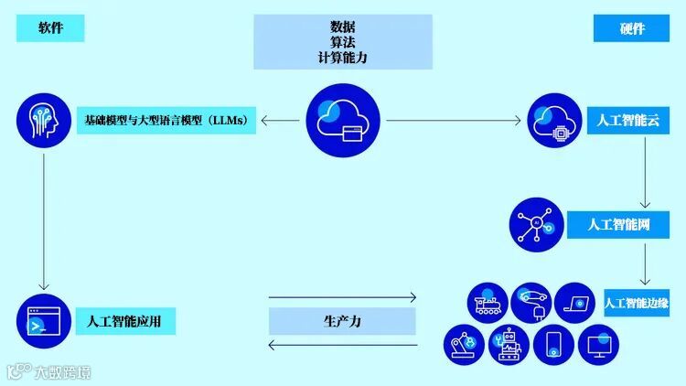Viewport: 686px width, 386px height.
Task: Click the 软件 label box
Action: (50, 28)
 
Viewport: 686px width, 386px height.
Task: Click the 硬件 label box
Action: (632, 28)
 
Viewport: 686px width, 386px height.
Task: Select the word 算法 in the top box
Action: (342, 42)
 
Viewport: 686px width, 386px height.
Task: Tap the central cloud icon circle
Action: (342, 121)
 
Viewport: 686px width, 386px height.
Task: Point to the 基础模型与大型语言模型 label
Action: (165, 120)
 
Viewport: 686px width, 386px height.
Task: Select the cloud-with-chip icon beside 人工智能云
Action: (554, 121)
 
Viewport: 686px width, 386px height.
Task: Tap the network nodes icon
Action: (536, 223)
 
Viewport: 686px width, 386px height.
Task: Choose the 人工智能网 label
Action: (618, 223)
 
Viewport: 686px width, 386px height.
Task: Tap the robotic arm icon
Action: (466, 345)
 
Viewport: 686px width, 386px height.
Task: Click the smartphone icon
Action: (554, 345)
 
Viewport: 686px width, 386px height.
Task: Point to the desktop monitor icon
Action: (600, 345)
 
